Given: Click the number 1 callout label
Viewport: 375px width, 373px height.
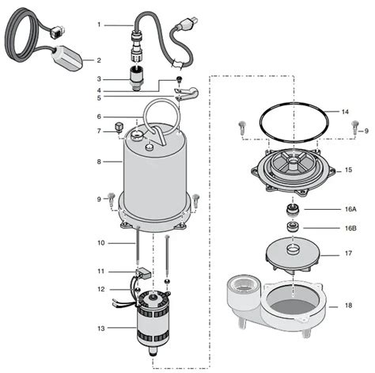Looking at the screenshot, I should (99, 25).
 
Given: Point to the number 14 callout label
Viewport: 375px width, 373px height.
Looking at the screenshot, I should (345, 112).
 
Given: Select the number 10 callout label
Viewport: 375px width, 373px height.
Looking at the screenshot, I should (100, 242).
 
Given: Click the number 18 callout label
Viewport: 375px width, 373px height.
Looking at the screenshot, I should (346, 304).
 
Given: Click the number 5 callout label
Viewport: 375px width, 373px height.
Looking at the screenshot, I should (100, 98).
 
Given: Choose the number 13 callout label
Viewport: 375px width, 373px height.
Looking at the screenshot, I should (100, 327).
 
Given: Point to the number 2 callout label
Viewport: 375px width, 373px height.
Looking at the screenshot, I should (99, 60).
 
